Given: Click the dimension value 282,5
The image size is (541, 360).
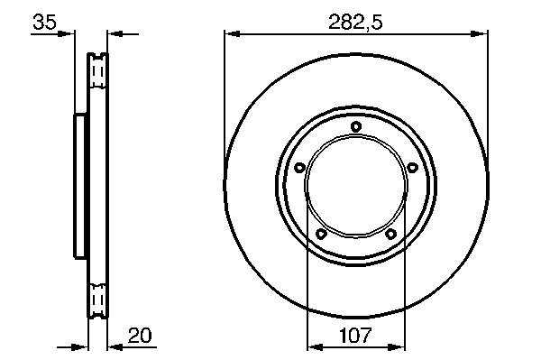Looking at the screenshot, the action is click(355, 23).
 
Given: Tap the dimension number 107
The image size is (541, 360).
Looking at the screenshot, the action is click(355, 336).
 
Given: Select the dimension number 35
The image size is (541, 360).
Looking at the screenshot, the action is click(44, 22).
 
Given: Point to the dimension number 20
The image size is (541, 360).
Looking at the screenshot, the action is click(140, 336).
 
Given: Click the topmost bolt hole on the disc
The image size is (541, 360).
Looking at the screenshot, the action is click(356, 126).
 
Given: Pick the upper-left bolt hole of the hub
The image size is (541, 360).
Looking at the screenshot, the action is click(299, 168).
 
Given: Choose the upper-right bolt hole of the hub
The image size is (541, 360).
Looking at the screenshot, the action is click(412, 168).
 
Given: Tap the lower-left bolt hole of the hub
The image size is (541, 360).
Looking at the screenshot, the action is click(321, 234).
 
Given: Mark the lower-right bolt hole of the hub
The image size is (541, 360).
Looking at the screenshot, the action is click(390, 235).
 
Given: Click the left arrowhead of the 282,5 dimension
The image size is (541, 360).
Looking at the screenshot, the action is click(232, 33).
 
